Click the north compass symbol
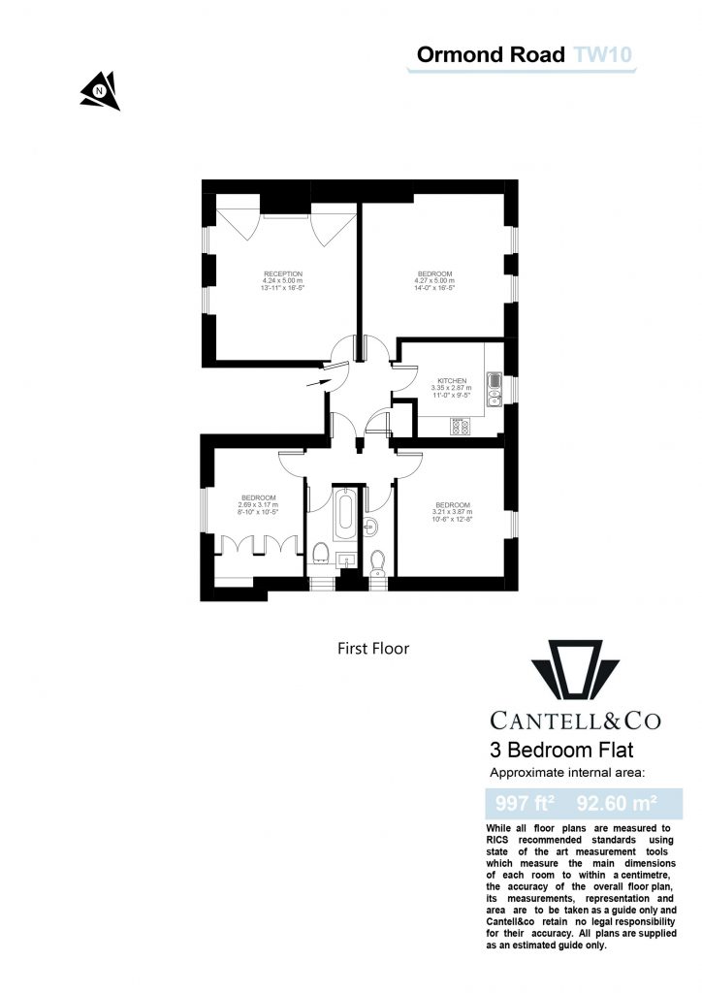(x=99, y=92)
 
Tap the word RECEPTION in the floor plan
(x=283, y=273)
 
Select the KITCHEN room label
(x=452, y=380)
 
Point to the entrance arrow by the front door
(x=315, y=381)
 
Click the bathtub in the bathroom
(x=345, y=514)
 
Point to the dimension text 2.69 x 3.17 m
(x=258, y=504)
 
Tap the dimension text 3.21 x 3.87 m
(x=453, y=512)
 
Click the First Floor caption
(x=373, y=649)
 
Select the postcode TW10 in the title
(x=602, y=55)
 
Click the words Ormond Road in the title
(x=490, y=55)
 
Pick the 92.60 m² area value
(x=617, y=802)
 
